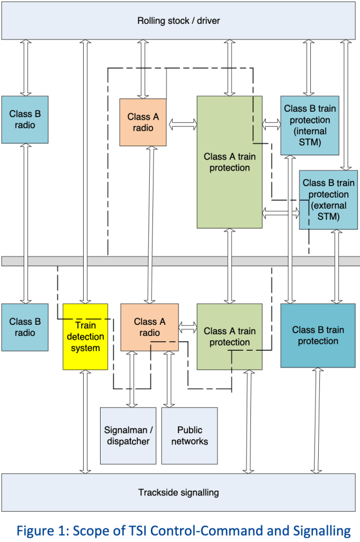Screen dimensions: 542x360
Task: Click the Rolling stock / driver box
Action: [x=179, y=21]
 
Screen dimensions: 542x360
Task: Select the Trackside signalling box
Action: [x=179, y=492]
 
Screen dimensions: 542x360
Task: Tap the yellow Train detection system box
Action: [x=85, y=336]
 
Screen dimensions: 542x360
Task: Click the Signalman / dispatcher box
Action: [x=128, y=436]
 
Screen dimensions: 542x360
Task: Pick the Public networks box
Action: [x=190, y=436]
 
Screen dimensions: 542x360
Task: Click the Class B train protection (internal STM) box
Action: [x=310, y=126]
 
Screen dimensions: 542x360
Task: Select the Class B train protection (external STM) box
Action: [x=328, y=200]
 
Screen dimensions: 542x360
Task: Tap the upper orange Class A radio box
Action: [x=143, y=122]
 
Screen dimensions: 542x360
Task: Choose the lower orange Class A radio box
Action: [x=149, y=327]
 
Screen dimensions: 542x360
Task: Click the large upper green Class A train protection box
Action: [x=229, y=162]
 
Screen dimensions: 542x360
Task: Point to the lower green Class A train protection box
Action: [x=229, y=336]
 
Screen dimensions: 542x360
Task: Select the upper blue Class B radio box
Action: [x=25, y=119]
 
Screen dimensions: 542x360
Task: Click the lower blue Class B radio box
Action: [x=25, y=327]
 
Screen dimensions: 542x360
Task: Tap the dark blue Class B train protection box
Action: [x=318, y=335]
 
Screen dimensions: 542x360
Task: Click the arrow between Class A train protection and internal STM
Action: [x=271, y=125]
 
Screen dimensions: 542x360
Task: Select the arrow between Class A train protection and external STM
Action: [x=281, y=214]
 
